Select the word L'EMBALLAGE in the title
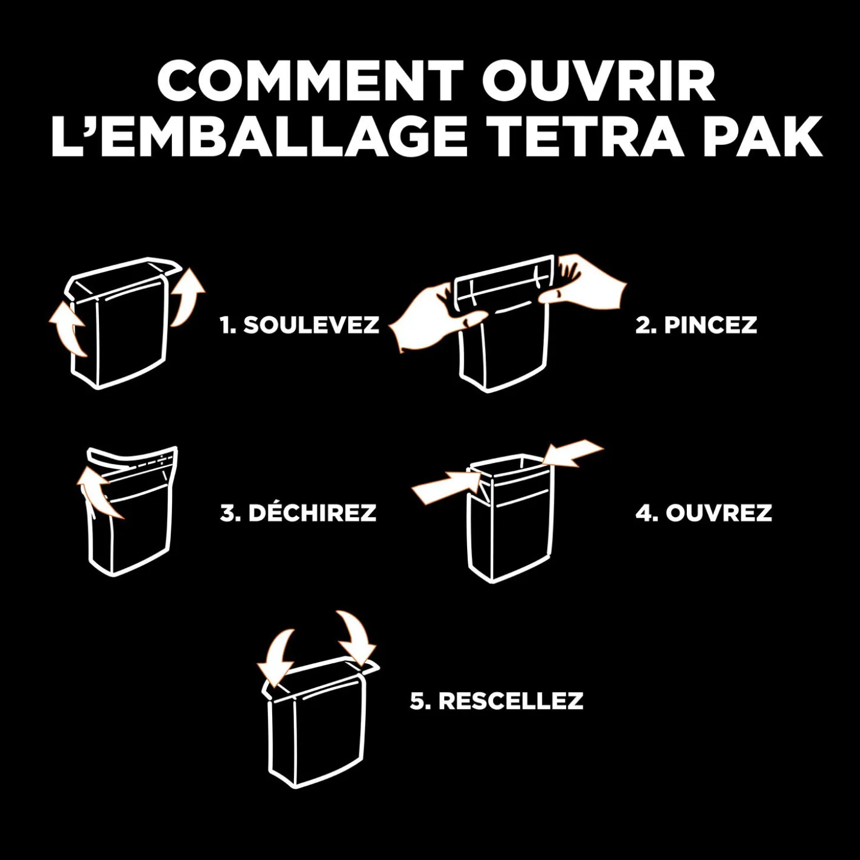pos(259,135)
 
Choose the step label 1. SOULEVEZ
pos(299,325)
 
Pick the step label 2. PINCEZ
pos(696,325)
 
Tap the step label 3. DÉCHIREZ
pos(298,513)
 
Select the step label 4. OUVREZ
pos(703,513)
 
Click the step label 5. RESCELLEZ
pos(497,701)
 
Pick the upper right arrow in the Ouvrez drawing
pos(574,453)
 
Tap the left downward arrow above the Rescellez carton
pos(276,656)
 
